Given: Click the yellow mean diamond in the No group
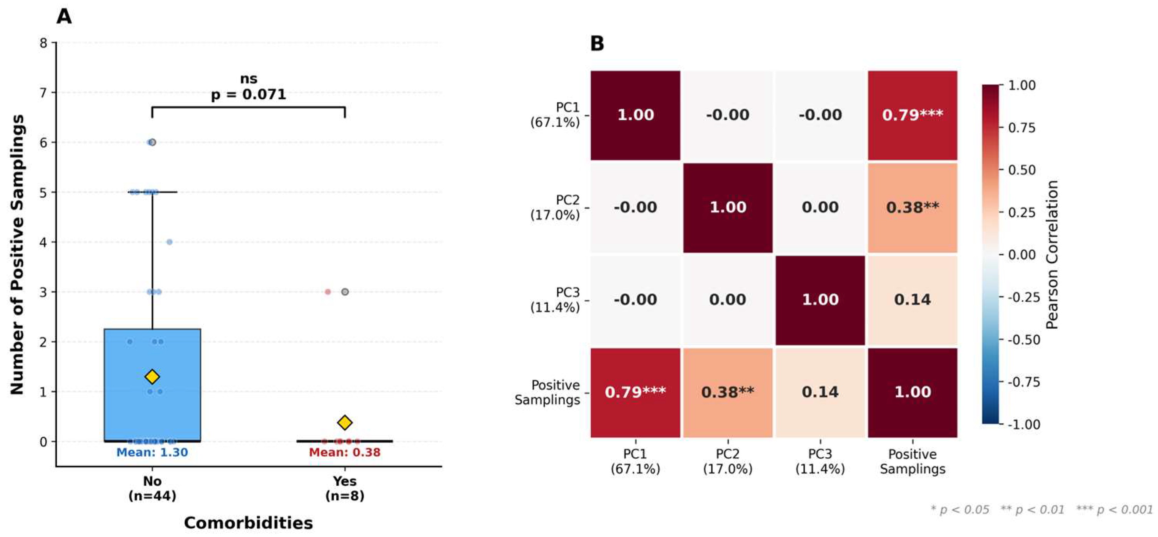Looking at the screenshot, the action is [152, 376].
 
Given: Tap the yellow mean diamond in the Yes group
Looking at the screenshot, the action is [345, 422].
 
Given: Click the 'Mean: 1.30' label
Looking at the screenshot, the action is [152, 452].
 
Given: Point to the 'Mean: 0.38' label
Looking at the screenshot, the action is [345, 452].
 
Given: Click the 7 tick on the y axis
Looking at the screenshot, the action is [43, 93].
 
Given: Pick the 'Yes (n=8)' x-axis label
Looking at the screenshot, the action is [345, 488].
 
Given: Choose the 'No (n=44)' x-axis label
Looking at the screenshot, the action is [152, 488].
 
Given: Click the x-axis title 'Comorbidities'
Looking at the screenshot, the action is [249, 523].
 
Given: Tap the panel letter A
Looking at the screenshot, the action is [64, 17].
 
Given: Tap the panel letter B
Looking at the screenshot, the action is [597, 43].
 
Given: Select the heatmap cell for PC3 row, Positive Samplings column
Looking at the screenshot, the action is [913, 300].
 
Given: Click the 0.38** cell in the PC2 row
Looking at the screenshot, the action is [913, 207].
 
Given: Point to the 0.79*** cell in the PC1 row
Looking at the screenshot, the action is [913, 115].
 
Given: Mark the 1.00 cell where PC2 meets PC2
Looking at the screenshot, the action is [728, 207].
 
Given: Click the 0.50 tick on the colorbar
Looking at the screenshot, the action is [1022, 170].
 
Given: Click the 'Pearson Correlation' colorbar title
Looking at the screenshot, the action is [1052, 254].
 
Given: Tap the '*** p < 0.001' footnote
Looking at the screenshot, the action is [1115, 510].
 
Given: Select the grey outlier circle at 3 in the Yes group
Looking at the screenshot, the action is [345, 292].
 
